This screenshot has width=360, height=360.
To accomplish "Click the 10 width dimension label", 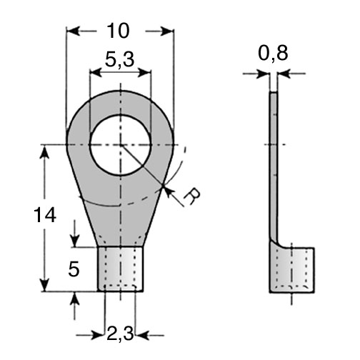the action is [x=118, y=31].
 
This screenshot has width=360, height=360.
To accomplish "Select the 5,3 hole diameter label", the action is [x=120, y=59].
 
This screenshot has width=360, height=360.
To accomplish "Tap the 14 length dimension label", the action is [x=45, y=215].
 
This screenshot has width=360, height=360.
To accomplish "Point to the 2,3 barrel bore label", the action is [x=120, y=334].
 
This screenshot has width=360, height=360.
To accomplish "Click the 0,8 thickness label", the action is [x=273, y=54].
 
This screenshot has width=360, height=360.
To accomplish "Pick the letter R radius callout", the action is [x=192, y=196].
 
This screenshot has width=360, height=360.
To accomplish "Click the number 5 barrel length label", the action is [x=74, y=269].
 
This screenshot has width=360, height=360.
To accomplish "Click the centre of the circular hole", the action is [x=121, y=144].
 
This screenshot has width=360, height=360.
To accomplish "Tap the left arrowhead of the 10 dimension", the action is [x=72, y=31].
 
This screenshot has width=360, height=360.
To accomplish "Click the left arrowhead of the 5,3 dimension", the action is [x=96, y=72].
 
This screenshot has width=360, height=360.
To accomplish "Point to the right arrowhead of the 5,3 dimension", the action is [x=145, y=72].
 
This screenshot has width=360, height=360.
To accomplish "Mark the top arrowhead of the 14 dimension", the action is [x=45, y=151].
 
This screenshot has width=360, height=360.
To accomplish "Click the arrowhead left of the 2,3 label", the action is [x=99, y=335].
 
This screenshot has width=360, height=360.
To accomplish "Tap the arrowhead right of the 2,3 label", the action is [x=141, y=335].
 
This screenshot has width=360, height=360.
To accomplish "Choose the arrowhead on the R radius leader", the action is [x=168, y=192].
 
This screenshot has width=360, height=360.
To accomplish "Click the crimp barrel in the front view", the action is [x=121, y=269].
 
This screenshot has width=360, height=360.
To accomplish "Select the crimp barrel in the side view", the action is [x=292, y=270].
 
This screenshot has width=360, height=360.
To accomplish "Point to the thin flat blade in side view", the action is [x=274, y=166].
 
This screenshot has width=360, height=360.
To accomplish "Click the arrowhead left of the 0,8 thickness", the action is [x=263, y=74].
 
